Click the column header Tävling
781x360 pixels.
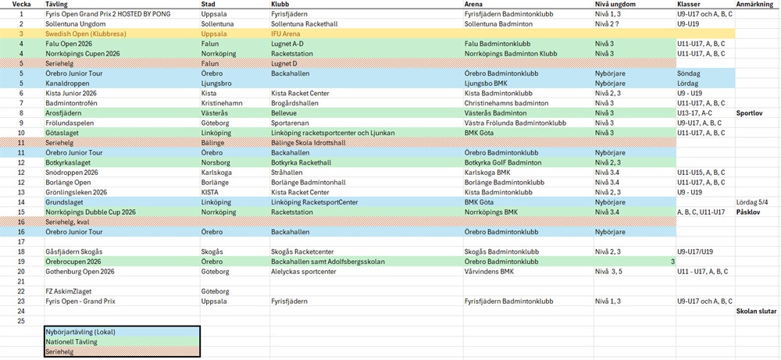point(56,5)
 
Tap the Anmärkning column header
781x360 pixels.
point(755,5)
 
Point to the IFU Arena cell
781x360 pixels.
point(287,34)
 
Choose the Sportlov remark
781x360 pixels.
point(750,112)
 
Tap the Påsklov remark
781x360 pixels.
point(750,212)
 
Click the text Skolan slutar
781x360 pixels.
point(755,311)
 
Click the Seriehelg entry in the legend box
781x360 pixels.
point(61,351)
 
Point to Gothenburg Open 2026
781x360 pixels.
point(80,271)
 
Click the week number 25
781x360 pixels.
point(22,321)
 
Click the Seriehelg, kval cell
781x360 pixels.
point(68,222)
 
